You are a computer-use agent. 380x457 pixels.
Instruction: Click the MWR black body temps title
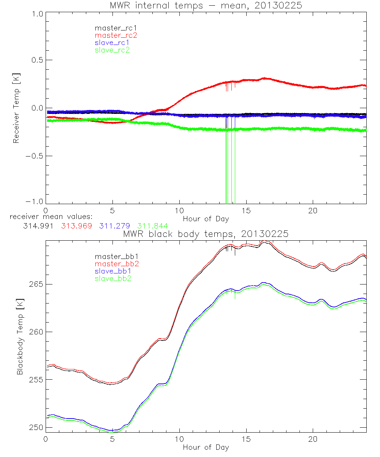coord(206,234)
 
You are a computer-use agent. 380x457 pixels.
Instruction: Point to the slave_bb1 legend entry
coord(112,271)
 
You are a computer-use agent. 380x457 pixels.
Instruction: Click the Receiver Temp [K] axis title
coord(16,108)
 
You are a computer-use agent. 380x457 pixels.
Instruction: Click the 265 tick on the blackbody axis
coord(35,285)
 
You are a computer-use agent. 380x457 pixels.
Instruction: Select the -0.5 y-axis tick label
coord(34,157)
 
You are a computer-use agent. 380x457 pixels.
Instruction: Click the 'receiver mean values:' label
coord(54,217)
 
